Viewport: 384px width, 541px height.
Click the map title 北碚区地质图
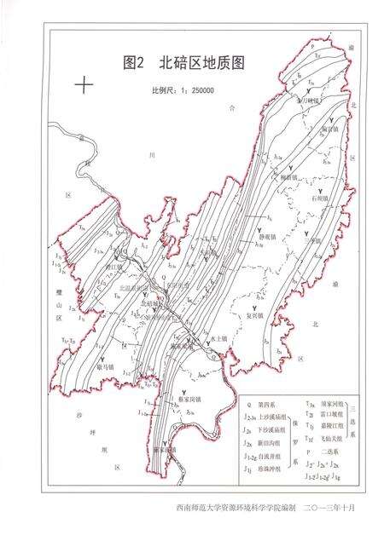184,62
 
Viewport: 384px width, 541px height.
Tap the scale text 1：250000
182,89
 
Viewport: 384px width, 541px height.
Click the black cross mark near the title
84,84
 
